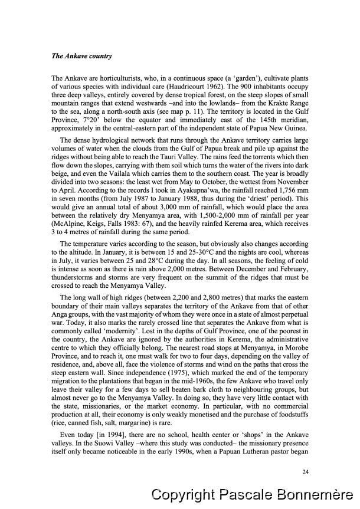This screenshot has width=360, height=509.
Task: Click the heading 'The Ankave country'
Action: [x=82, y=57]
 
